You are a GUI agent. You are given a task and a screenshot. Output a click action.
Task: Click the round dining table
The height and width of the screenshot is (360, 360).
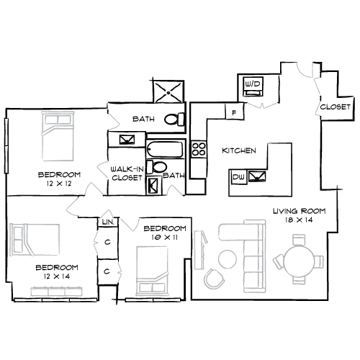299,261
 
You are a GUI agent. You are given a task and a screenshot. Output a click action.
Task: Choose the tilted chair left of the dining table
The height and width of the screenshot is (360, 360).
279,261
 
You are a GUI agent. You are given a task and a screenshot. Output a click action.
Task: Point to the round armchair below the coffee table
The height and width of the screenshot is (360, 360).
214,279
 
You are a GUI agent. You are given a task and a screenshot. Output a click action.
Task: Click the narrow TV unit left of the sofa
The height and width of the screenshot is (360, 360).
199,250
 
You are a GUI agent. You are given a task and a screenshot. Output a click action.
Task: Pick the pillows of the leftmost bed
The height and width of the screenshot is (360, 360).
17,240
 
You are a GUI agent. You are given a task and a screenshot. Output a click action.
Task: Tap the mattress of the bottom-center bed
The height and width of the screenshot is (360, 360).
152,261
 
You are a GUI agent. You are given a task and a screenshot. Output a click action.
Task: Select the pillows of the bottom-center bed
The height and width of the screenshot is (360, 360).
152,288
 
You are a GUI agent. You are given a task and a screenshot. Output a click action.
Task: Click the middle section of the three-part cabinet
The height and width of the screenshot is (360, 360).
56,292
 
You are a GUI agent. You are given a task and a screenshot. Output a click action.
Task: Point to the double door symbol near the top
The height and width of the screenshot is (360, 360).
262,106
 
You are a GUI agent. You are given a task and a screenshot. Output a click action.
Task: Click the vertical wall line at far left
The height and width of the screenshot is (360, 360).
6,145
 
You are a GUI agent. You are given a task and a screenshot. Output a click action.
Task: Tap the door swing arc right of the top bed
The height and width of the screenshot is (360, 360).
114,122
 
